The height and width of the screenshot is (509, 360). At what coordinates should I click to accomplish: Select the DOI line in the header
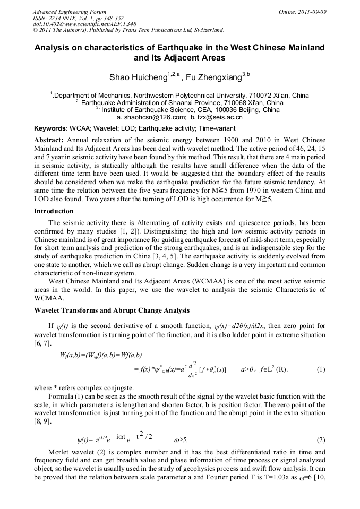84,24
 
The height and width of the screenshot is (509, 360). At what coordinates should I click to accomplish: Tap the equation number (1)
321,369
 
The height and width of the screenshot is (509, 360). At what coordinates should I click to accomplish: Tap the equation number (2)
321,440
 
